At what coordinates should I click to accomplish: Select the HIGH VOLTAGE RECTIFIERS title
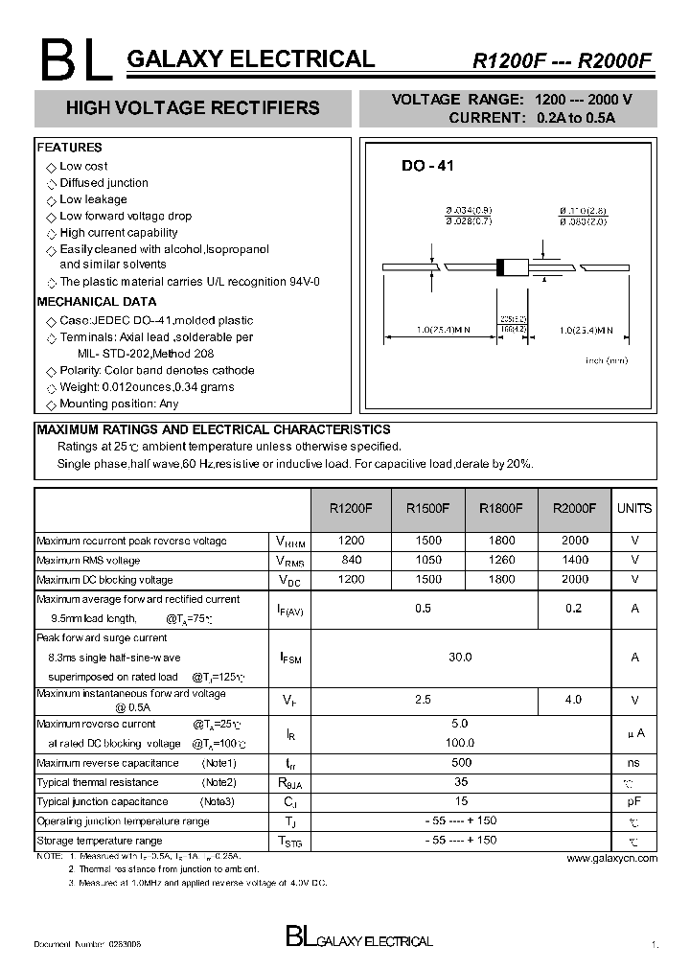pyautogui.click(x=193, y=108)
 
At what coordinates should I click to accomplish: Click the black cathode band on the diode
pyautogui.click(x=499, y=267)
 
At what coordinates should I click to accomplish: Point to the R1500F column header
pyautogui.click(x=427, y=509)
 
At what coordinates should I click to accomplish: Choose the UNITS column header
pyautogui.click(x=634, y=509)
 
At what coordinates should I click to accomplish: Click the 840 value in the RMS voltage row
pyautogui.click(x=352, y=560)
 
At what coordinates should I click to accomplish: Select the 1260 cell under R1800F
pyautogui.click(x=501, y=560)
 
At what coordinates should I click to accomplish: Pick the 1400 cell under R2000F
pyautogui.click(x=575, y=560)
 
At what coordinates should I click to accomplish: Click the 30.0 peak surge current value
pyautogui.click(x=461, y=657)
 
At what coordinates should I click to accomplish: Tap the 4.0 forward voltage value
pyautogui.click(x=573, y=700)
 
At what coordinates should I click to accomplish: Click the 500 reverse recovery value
pyautogui.click(x=461, y=763)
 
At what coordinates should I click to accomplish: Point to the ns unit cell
pyautogui.click(x=634, y=763)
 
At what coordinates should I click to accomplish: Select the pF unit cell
pyautogui.click(x=634, y=801)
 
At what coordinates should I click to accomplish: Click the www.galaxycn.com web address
pyautogui.click(x=611, y=859)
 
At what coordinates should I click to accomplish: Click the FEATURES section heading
pyautogui.click(x=69, y=148)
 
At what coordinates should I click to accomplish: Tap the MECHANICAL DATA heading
pyautogui.click(x=96, y=301)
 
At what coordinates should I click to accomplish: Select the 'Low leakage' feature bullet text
pyautogui.click(x=93, y=199)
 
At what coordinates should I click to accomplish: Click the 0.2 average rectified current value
pyautogui.click(x=573, y=608)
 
